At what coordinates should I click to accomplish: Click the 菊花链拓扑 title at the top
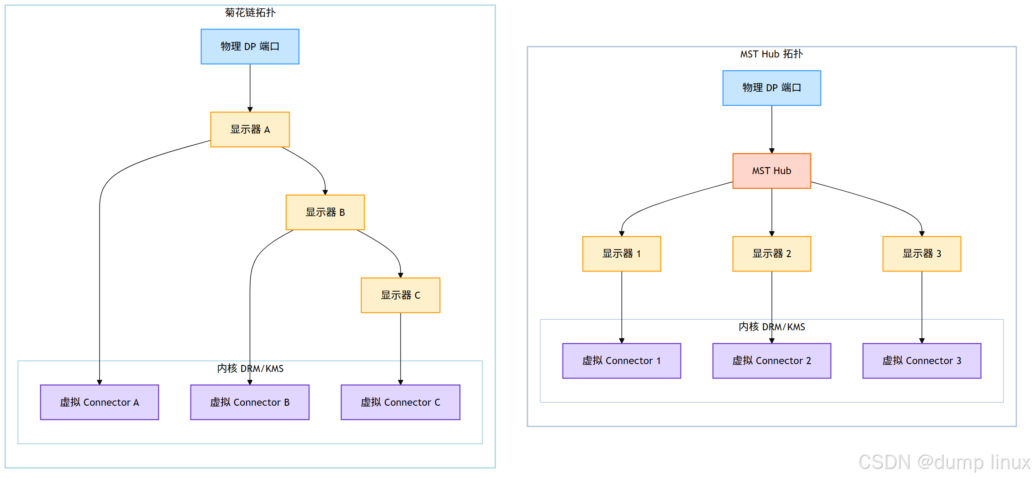250,13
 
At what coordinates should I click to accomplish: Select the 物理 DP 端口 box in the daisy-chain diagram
250,46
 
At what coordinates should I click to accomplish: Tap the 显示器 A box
250,129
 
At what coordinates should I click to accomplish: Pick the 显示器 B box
325,212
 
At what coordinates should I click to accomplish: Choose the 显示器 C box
400,295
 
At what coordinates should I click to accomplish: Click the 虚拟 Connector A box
100,402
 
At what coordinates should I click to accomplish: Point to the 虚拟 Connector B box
250,402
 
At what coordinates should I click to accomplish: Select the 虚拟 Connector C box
400,402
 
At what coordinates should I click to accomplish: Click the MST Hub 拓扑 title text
771,54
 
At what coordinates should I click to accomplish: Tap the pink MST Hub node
771,171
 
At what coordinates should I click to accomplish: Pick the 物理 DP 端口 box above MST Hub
771,88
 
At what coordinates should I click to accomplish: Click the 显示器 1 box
621,254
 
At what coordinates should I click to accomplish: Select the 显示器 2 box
771,254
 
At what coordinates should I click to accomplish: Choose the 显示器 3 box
921,254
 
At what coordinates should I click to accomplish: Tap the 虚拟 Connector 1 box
621,361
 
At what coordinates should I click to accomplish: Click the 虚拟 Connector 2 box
771,361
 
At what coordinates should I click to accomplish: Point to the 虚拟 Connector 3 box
921,361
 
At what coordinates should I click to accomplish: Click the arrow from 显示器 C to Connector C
400,347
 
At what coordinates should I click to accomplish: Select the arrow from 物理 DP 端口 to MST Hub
771,129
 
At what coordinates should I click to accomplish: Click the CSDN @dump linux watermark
943,462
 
